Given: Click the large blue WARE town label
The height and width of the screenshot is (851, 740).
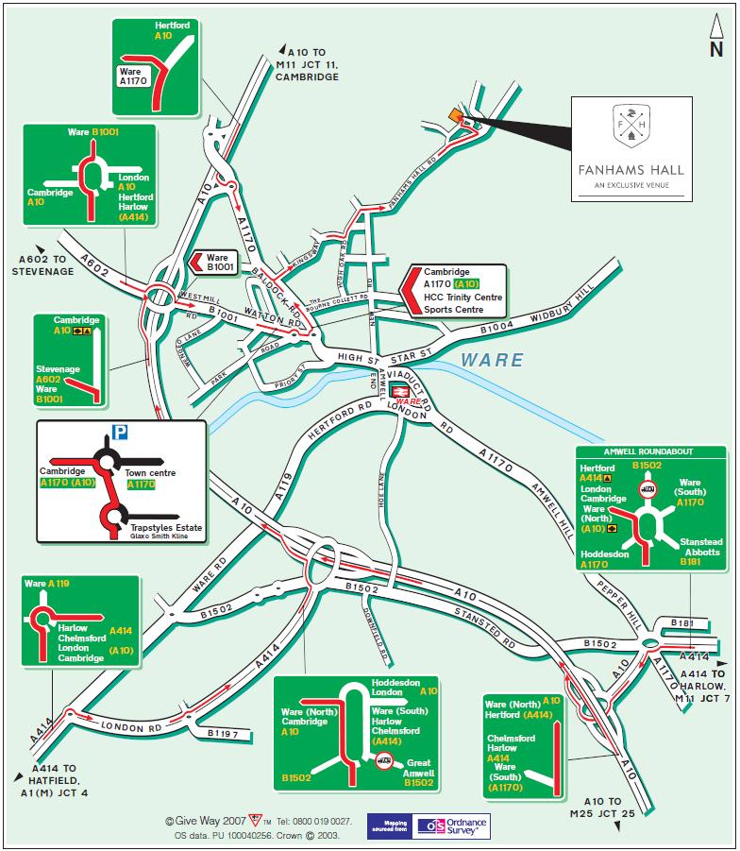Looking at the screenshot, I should coord(493,360).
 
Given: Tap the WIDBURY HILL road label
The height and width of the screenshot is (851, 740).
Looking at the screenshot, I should coord(562,305).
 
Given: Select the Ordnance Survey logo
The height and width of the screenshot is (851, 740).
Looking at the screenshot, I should coord(452,825).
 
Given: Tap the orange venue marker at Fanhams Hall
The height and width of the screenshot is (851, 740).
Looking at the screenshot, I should coord(456,115).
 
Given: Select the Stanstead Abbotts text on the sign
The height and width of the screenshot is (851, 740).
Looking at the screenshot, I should coord(702,547).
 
